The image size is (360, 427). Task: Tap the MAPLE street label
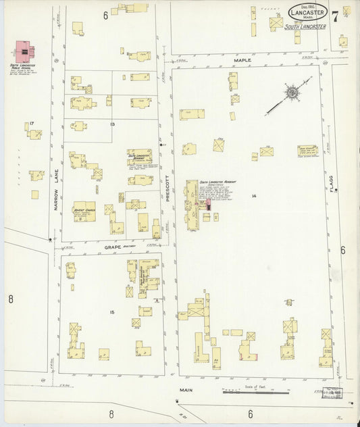point(242,60)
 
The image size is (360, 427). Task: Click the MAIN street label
point(186,390)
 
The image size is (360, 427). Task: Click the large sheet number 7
point(335,15)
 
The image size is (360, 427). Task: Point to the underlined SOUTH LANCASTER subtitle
point(305,27)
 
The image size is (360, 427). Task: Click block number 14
point(253,196)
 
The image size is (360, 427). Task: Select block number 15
point(111,311)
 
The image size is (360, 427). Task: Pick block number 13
point(112,124)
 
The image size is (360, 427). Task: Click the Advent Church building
point(84,211)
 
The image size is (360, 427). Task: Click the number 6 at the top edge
point(106,15)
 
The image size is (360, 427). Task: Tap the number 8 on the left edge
point(11,298)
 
